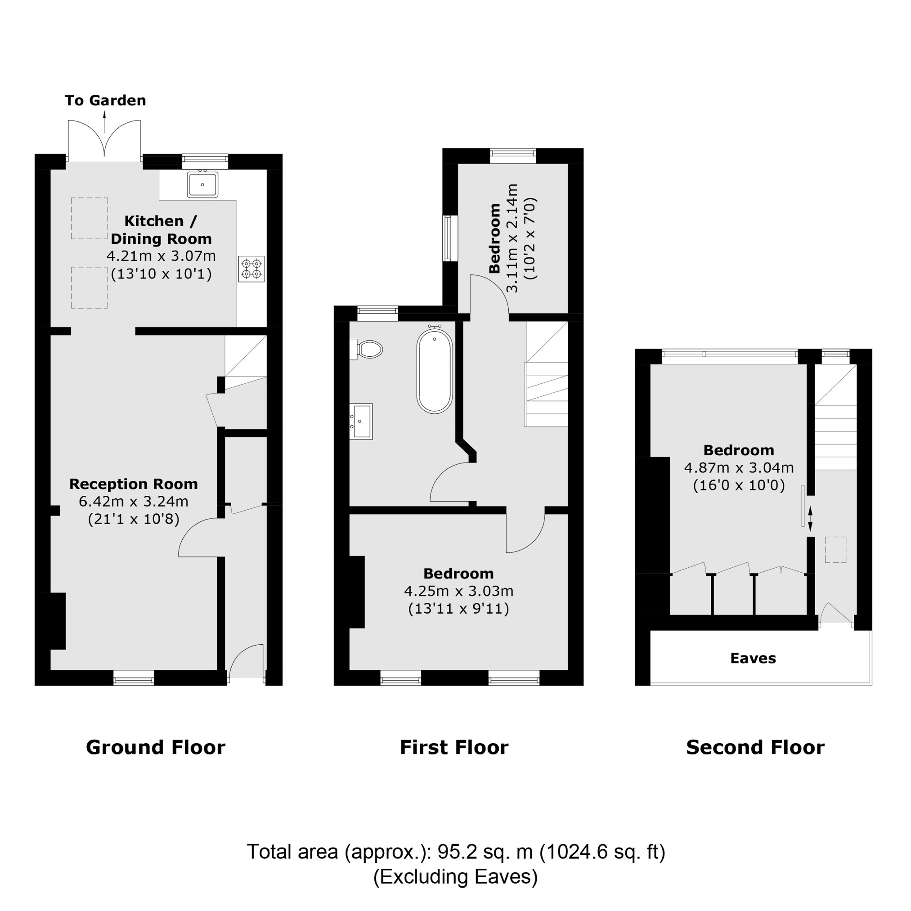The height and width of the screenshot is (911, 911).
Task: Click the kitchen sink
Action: click(x=202, y=184)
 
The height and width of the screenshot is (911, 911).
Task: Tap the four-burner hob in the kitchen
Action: click(x=251, y=269)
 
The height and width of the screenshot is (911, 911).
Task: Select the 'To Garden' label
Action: click(x=105, y=100)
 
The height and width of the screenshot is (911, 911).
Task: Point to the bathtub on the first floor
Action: click(x=434, y=372)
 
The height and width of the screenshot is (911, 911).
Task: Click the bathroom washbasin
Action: click(x=361, y=421)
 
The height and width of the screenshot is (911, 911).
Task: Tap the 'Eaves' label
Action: click(x=753, y=658)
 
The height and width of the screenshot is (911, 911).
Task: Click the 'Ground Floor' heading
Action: click(x=156, y=748)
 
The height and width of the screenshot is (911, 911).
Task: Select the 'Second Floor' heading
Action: click(x=755, y=748)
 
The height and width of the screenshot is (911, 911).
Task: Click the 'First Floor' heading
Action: click(x=453, y=748)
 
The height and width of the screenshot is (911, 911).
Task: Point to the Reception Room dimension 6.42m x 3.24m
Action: click(x=134, y=501)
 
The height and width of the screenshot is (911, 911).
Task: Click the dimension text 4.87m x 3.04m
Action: click(x=738, y=468)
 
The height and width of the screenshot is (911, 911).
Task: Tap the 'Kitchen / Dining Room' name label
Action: click(x=161, y=229)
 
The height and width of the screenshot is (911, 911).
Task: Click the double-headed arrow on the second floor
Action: click(x=810, y=519)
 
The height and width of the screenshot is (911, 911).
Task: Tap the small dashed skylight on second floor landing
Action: click(x=835, y=550)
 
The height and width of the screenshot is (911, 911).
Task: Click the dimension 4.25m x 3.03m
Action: click(x=458, y=591)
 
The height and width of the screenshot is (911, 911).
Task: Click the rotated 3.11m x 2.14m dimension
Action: click(x=512, y=238)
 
